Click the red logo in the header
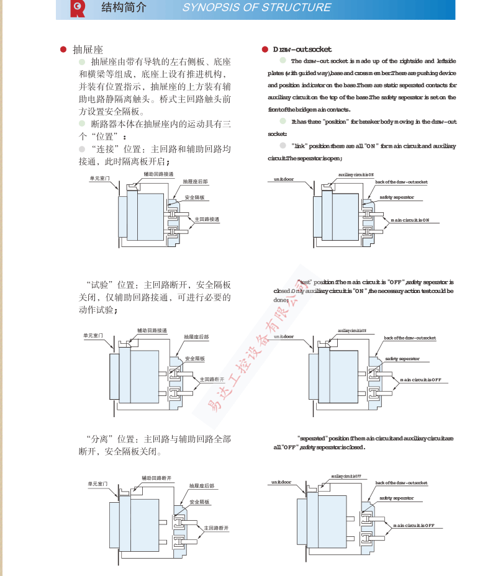tap(78, 8)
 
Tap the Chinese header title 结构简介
tap(124, 8)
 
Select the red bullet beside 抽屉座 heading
tap(63, 49)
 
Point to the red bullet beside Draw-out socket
tap(265, 49)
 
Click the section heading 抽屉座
tap(88, 49)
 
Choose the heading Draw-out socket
tap(302, 49)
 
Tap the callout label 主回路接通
tap(207, 219)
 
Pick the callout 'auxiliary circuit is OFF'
tap(345, 476)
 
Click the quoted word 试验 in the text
tap(104, 285)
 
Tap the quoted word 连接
tap(104, 149)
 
